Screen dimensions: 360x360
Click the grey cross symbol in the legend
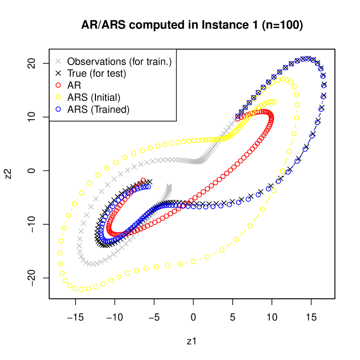58,62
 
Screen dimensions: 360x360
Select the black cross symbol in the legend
58,74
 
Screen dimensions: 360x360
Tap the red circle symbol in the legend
58,85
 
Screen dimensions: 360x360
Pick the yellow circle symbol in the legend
58,97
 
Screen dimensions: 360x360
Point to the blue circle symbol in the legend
58,109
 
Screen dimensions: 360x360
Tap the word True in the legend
77,74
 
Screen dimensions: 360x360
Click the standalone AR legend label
74,85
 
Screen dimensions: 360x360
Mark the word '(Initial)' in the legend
106,97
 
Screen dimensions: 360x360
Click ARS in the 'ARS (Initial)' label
78,97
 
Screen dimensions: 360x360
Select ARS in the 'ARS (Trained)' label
78,109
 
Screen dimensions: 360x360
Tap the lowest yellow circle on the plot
81,289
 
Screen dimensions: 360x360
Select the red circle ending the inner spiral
144,180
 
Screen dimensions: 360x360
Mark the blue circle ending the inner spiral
148,187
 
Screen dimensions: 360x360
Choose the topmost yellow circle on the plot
285,80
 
